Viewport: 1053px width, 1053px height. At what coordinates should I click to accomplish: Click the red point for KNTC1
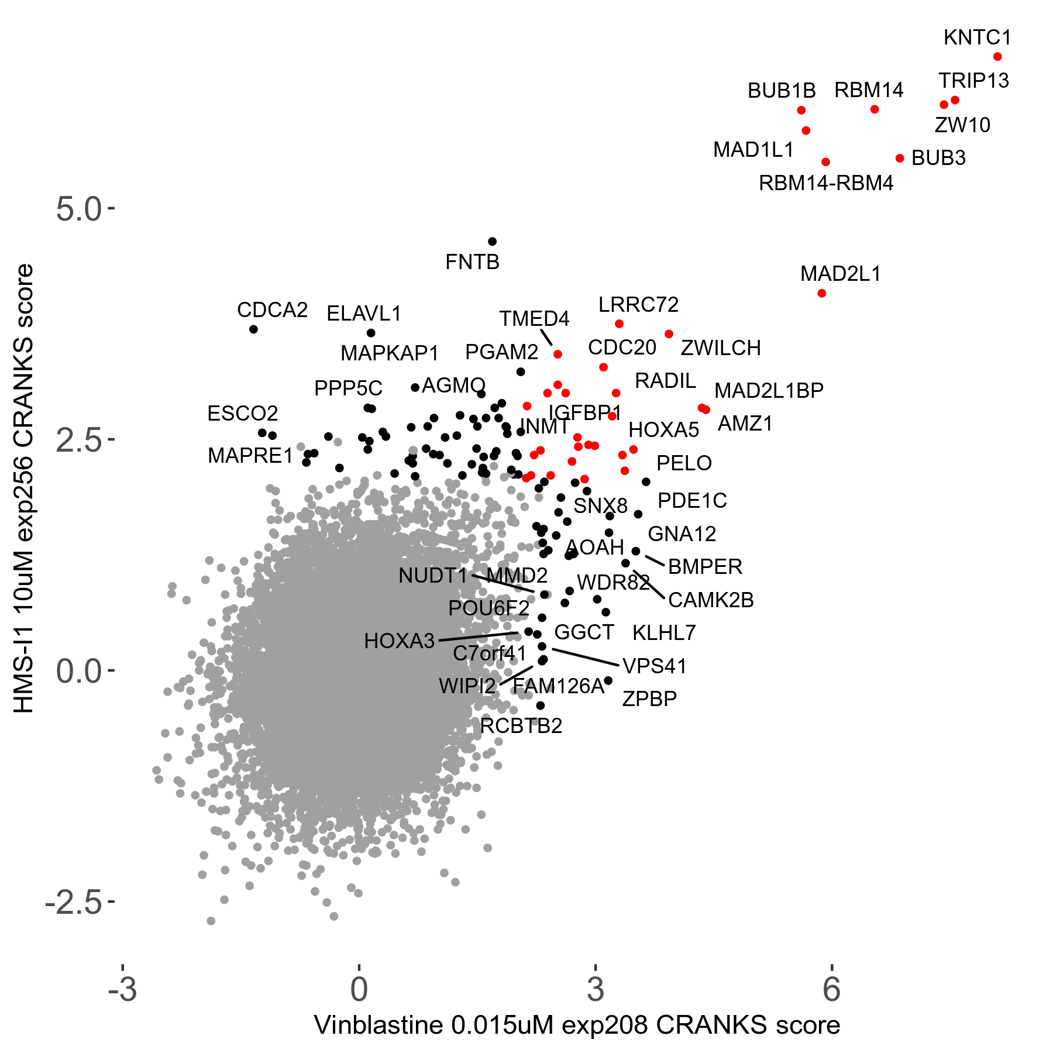coord(997,57)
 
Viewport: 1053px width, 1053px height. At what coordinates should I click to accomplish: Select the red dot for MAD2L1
coord(821,293)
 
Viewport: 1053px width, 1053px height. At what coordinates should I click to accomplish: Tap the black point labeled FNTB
coord(492,242)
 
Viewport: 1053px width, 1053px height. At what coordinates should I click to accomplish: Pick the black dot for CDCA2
coord(253,329)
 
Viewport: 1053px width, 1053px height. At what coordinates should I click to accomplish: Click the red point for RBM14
coord(875,109)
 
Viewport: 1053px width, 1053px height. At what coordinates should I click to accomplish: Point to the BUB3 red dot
coord(900,159)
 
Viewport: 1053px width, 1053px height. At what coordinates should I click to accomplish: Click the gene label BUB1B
coord(782,91)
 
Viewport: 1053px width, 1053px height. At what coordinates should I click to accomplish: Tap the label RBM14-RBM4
coord(826,184)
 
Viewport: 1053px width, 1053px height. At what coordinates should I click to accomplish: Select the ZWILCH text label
coord(721,348)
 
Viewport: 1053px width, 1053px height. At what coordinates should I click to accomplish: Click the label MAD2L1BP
coord(769,390)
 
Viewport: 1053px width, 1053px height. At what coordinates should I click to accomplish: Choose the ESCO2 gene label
coord(242,414)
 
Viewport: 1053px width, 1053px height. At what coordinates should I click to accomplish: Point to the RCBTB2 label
coord(521,726)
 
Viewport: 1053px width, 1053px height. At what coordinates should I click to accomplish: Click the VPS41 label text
coord(655,666)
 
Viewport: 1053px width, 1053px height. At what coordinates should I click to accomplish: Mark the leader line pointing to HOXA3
coord(477,636)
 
